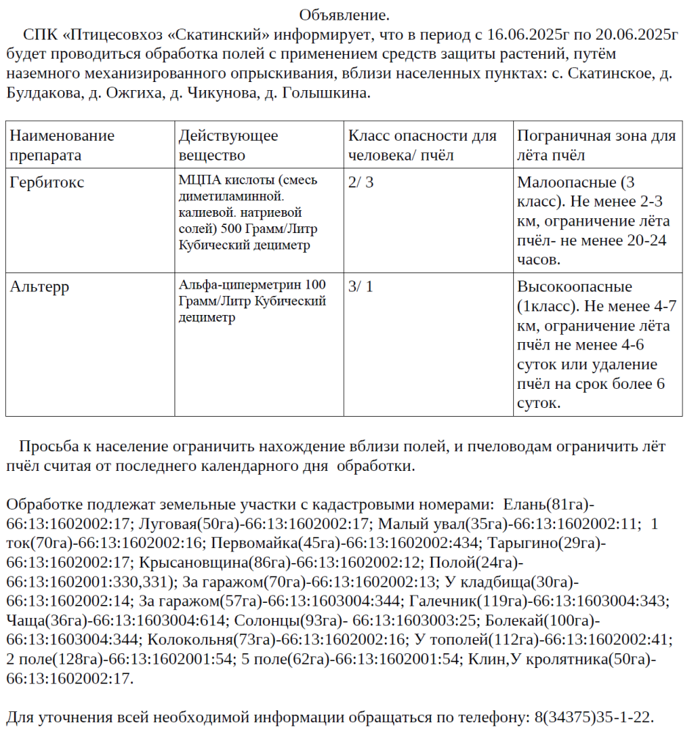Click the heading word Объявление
[344, 15]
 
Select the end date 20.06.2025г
[635, 34]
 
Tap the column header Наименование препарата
[62, 145]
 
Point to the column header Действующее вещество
[228, 145]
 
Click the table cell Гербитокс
[47, 182]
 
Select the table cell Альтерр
[40, 286]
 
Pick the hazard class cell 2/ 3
[361, 182]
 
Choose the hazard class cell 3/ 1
[361, 286]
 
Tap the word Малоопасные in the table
[568, 182]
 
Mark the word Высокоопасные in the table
[574, 286]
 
